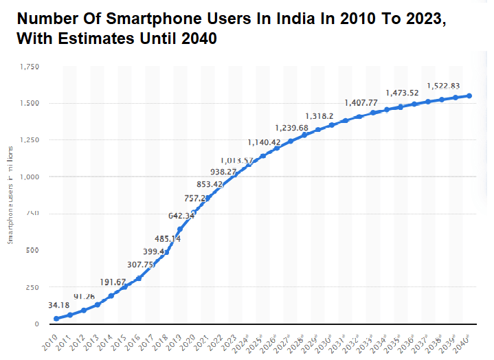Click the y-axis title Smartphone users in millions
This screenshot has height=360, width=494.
[x=10, y=194]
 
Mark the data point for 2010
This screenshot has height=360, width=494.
[x=56, y=319]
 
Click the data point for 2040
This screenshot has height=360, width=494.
[x=469, y=95]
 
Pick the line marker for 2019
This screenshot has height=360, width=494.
[x=180, y=229]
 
